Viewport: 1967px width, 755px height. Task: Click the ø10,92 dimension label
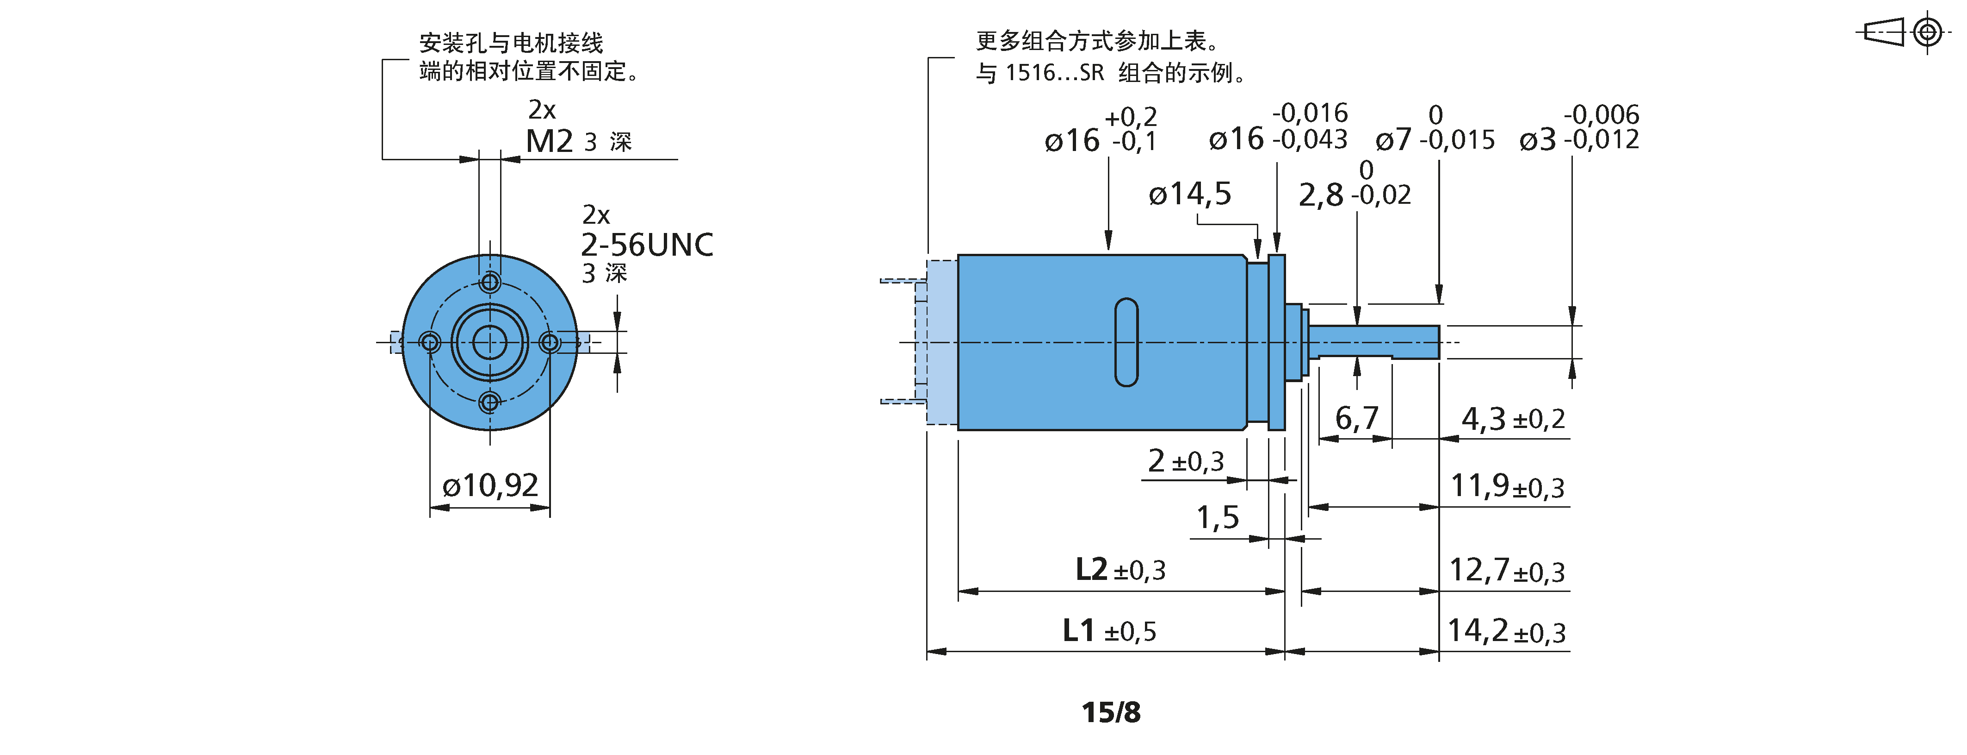[x=490, y=485]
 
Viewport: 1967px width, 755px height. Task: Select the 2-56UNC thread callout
[x=647, y=245]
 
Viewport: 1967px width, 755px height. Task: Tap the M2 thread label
[x=549, y=141]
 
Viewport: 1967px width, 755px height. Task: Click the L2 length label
[x=1091, y=569]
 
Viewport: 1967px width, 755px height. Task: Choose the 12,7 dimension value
[x=1480, y=570]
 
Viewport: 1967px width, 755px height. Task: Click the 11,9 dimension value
[x=1480, y=485]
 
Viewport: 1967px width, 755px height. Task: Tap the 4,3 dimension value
[x=1484, y=419]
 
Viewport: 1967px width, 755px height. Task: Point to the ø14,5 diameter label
[x=1190, y=194]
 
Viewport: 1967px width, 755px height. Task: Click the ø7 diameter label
[x=1393, y=140]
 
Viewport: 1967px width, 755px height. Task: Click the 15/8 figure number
[x=1111, y=712]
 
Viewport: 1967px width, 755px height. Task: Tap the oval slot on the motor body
[x=1126, y=342]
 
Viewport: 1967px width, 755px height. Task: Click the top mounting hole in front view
[x=490, y=283]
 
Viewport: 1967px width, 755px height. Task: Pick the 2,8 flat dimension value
[x=1321, y=195]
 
